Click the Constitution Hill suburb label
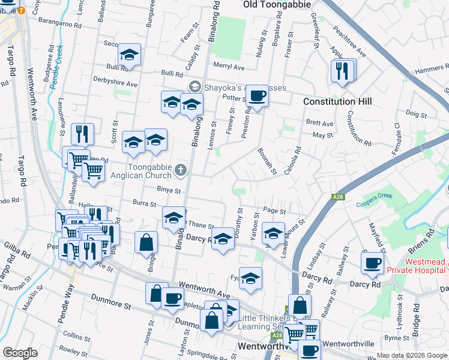point(337,101)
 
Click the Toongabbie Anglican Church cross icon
point(179,172)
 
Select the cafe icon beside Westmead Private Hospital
point(372,262)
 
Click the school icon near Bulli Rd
point(129,54)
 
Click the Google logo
point(20,352)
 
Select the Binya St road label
point(169,191)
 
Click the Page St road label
point(273,211)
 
